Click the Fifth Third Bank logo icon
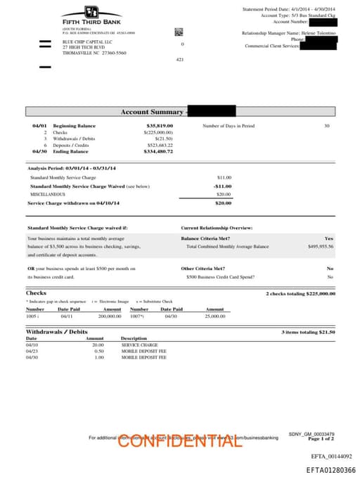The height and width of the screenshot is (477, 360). point(91,12)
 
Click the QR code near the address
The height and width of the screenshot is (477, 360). point(179,32)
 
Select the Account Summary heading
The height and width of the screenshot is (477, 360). point(152,112)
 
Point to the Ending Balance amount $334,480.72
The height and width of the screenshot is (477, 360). point(158,151)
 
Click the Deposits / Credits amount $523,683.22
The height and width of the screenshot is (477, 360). point(160,145)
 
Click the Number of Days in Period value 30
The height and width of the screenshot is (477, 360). point(326,126)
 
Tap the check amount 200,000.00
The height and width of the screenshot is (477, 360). point(110,317)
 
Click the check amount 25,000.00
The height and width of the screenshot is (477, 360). point(215,317)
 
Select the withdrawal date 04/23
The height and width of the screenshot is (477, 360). point(32,351)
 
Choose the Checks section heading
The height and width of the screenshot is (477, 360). point(36,293)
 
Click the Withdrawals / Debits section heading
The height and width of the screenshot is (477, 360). point(57,331)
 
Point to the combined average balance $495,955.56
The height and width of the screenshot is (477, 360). point(321,247)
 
